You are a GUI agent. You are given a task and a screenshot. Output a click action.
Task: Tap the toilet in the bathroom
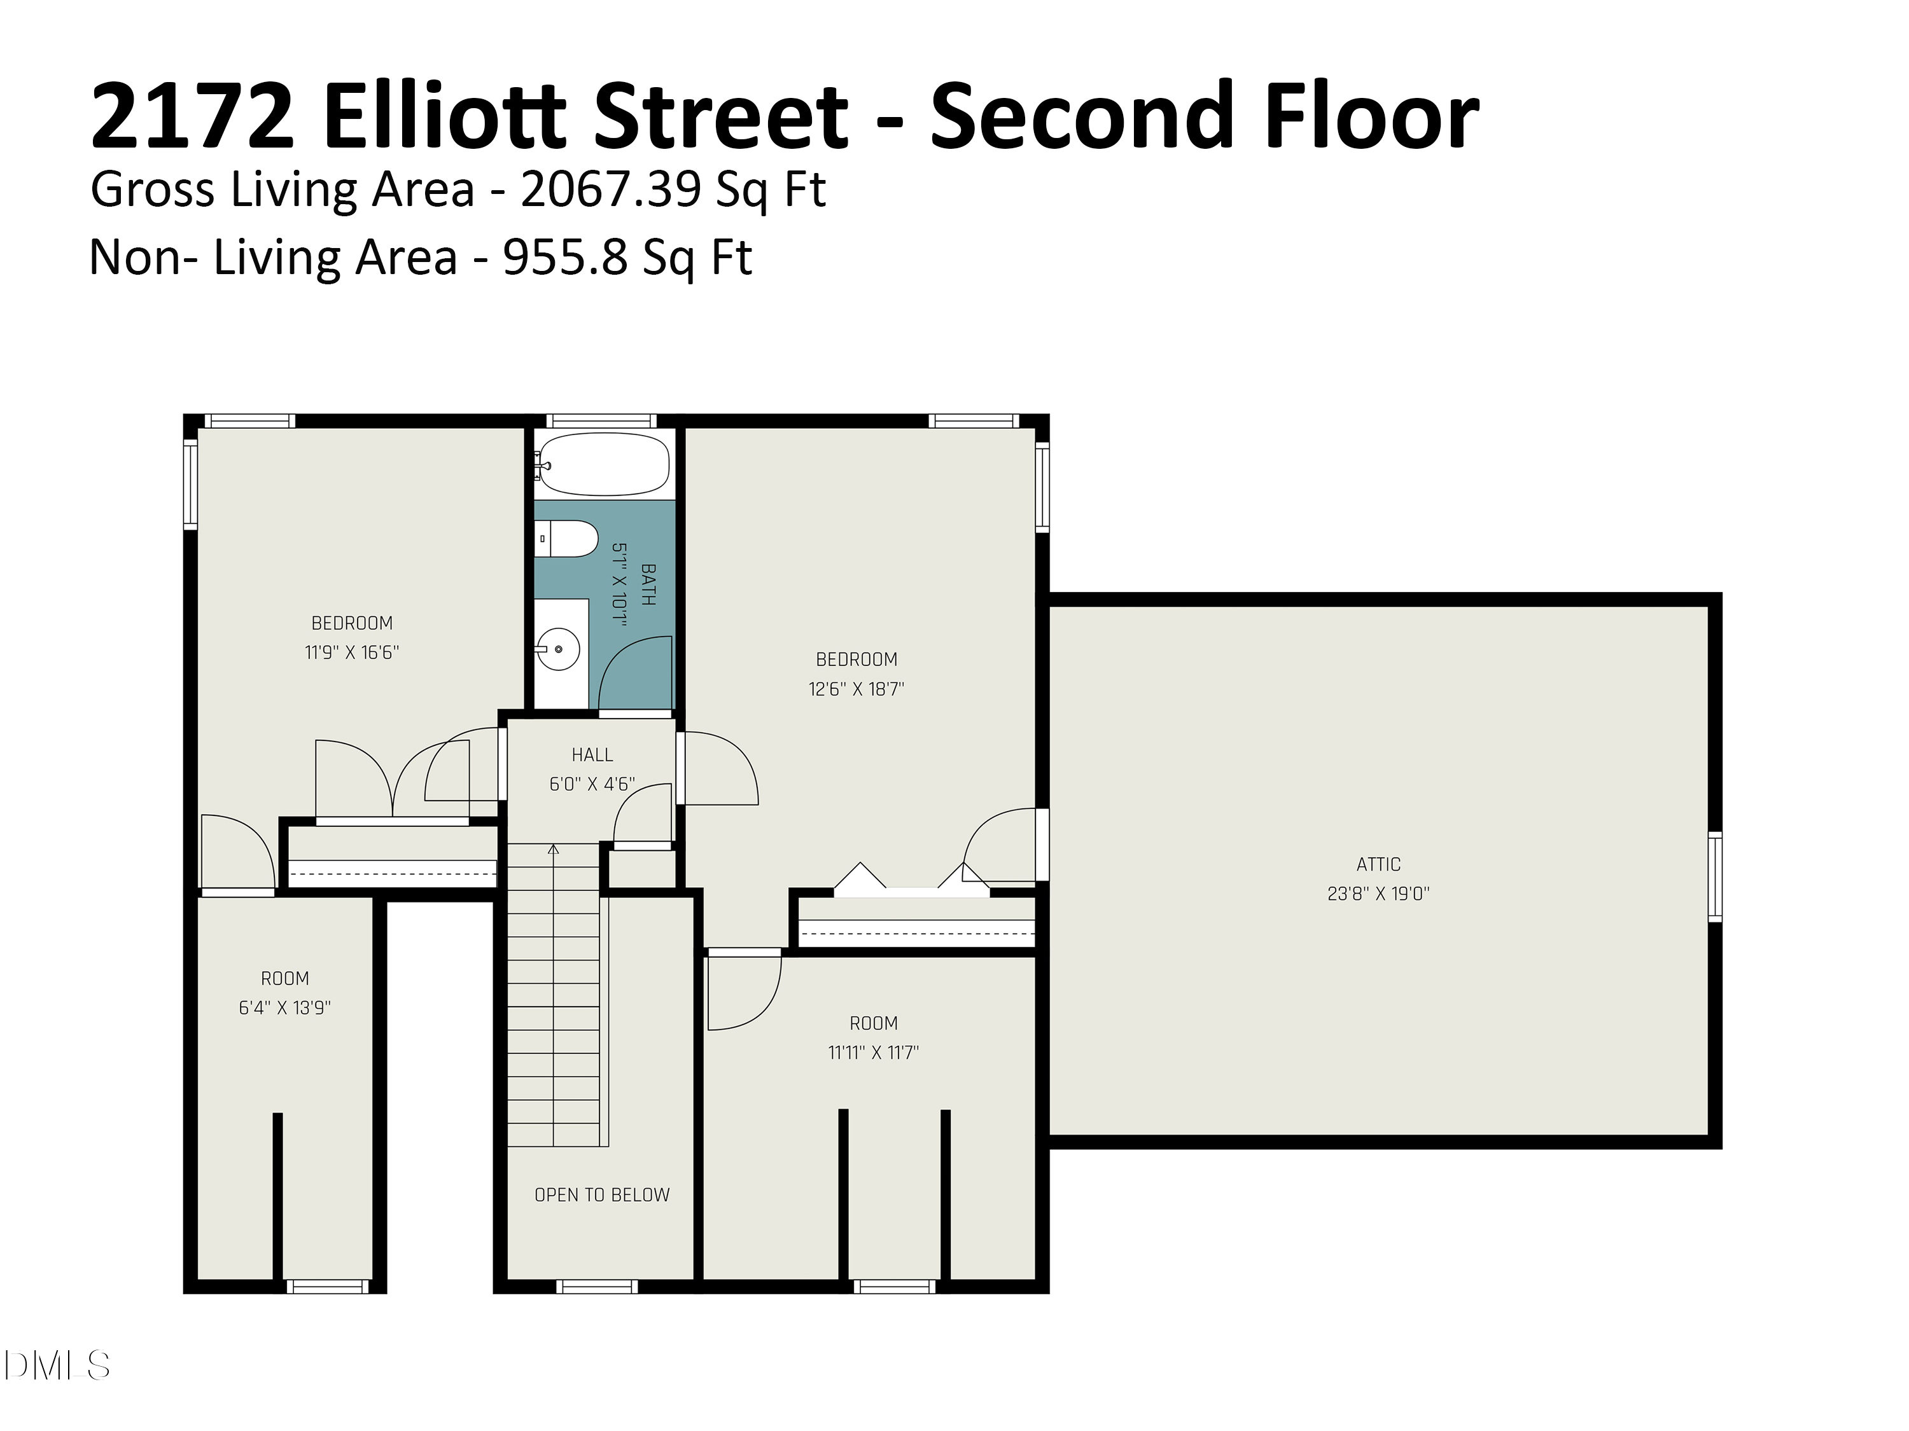point(566,539)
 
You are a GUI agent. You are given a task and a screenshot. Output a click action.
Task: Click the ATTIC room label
point(1378,864)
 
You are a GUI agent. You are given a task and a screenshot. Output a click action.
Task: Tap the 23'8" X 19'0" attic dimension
point(1378,894)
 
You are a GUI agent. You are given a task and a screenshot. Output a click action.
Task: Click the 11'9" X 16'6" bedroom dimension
point(351,652)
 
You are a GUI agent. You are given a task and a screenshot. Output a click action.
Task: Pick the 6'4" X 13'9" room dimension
point(285,1007)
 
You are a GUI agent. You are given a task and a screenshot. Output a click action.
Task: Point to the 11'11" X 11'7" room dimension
point(874,1053)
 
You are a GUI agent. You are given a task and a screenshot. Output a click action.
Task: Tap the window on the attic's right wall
point(1715,876)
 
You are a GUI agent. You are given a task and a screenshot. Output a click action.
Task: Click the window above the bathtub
point(601,421)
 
